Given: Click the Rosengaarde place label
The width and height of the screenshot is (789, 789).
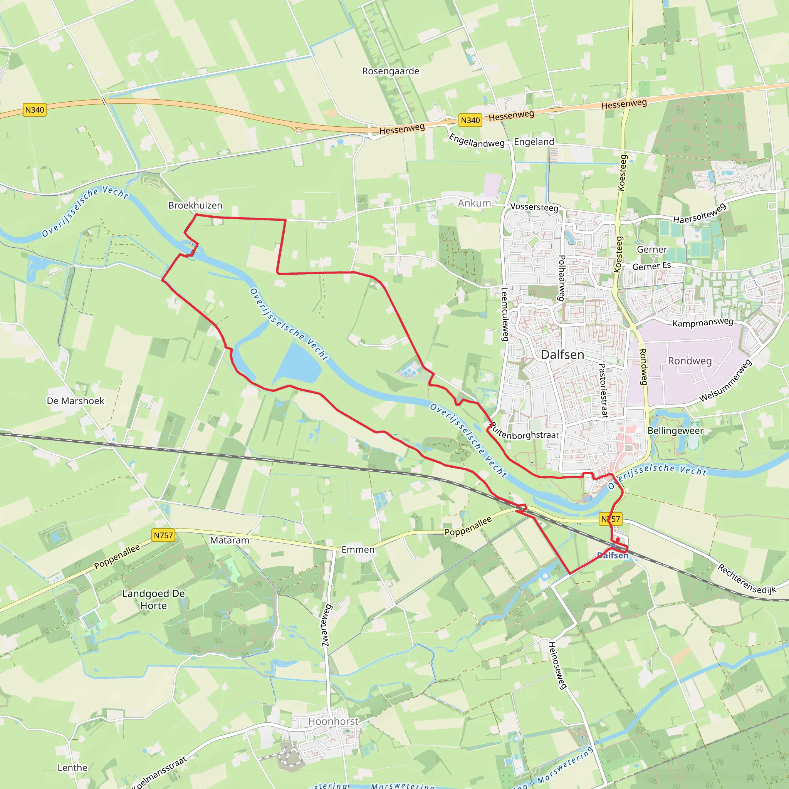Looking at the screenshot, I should pos(390,71).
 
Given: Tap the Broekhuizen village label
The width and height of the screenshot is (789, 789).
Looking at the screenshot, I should pos(195,205).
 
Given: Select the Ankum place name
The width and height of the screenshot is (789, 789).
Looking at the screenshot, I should pos(474,203).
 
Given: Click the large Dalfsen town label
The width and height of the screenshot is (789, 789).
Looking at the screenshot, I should pos(562,354).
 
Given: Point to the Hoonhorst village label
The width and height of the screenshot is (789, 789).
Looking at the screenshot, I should pos(333,721).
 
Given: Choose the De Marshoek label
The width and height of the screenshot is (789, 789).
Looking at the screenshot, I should pos(76,401).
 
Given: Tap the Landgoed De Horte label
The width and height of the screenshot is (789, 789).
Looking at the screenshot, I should pos(154,599).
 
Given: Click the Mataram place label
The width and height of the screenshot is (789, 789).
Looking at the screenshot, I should pos(230,540).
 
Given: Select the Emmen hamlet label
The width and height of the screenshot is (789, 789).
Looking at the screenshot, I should pos(358,549).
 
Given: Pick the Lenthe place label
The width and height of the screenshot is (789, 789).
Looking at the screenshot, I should pos(72,767).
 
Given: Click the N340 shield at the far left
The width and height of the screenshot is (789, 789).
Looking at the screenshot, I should pos(35,110).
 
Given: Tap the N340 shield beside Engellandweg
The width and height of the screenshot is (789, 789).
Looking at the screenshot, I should pos(470,121).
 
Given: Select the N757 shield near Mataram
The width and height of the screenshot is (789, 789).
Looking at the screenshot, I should pos(163,535).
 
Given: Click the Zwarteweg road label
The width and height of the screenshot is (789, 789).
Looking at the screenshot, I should pos(326,625).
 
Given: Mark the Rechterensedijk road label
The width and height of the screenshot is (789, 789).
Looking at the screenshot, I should pos(747,579).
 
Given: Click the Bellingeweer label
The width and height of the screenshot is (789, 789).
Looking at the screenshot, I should pos(675,431).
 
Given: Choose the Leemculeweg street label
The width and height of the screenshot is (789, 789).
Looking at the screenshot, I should pos(505,314).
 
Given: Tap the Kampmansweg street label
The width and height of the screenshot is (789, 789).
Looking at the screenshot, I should pos(703,322).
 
